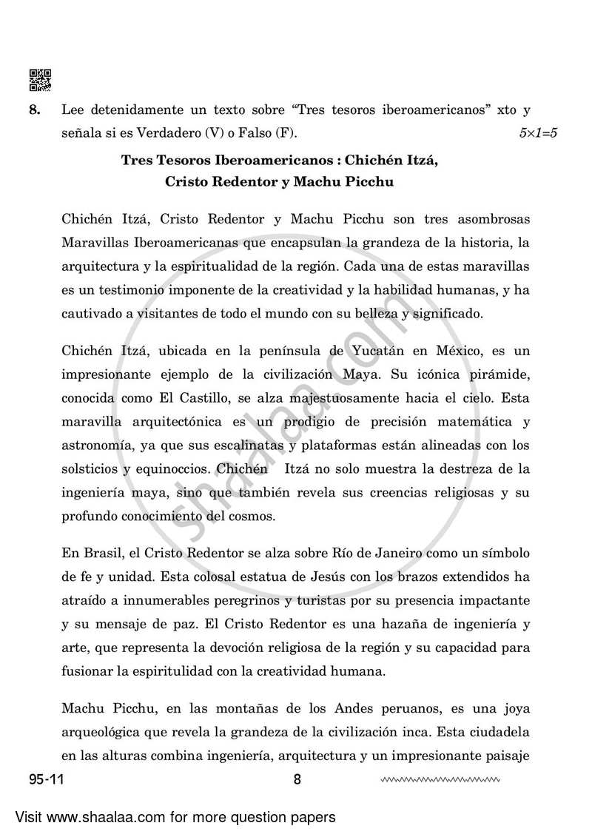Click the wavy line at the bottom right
click(440, 779)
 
